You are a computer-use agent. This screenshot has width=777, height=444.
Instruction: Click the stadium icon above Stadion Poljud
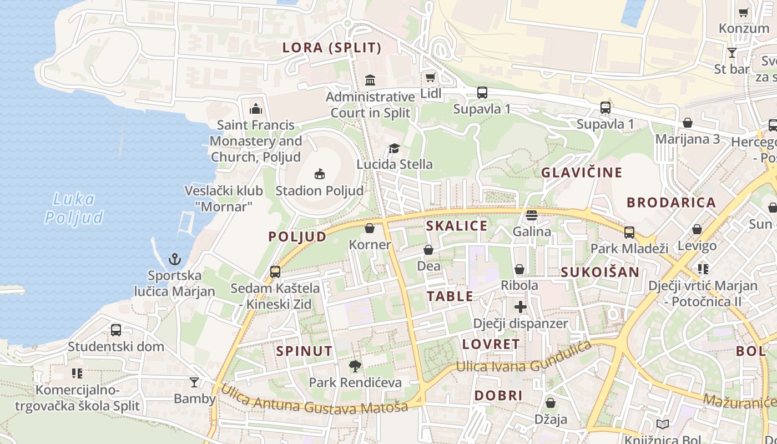[x=319, y=174]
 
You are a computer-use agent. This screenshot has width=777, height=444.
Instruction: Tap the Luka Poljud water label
[x=74, y=208]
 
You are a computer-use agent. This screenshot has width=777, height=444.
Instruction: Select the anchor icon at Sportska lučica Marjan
[x=175, y=259]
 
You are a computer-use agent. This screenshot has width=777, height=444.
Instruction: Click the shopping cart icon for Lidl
[x=430, y=77]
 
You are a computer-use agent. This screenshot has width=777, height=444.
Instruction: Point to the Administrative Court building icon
[x=370, y=80]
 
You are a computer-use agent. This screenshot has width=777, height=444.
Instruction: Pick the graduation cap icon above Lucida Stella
[x=394, y=148]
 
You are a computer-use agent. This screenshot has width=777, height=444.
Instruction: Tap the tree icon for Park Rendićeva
[x=355, y=366]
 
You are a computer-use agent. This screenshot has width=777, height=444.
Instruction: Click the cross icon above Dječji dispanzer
[x=520, y=306]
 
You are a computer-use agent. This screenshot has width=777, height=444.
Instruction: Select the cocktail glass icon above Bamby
[x=194, y=382]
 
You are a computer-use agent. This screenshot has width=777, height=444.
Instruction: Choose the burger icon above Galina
[x=532, y=215]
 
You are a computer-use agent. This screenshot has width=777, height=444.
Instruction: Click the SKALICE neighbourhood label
[x=457, y=226]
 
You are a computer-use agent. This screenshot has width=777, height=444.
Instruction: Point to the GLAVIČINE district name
[x=582, y=173]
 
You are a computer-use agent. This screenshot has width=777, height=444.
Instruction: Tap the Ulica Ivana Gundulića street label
[x=524, y=359]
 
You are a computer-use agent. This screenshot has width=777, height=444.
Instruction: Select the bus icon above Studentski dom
[x=116, y=330]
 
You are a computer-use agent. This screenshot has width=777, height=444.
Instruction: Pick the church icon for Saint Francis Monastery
[x=256, y=108]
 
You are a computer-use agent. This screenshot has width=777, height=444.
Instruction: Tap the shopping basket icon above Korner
[x=370, y=228]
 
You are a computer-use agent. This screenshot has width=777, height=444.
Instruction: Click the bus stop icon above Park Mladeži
[x=629, y=232]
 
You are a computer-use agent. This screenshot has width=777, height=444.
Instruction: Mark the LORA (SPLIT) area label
[x=332, y=48]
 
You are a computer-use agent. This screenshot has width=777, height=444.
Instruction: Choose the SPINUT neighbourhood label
[x=304, y=351]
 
